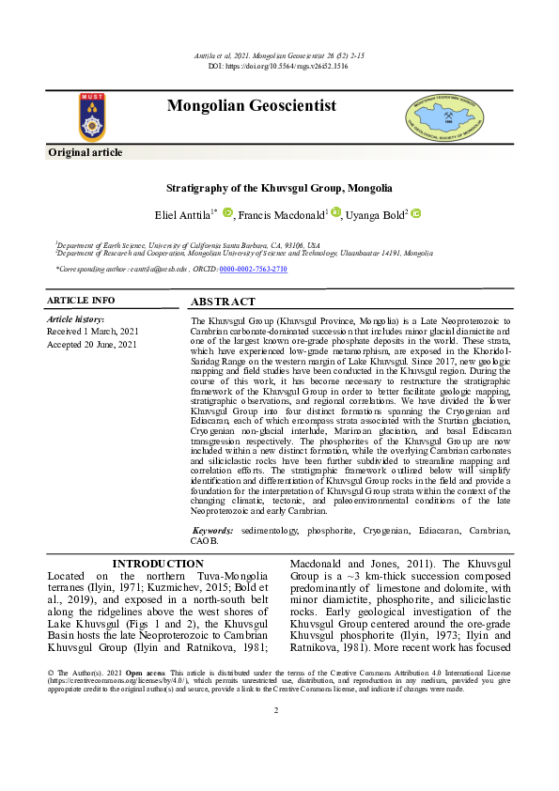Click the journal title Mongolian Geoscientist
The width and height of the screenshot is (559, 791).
[x=251, y=106]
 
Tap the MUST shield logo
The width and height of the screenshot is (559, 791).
[x=91, y=116]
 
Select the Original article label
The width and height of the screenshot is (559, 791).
[x=85, y=152]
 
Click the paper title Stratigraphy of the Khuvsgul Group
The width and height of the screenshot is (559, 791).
[x=279, y=188]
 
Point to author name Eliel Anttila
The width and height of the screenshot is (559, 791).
[x=182, y=215]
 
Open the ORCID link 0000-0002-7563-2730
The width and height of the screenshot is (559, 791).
[x=253, y=270]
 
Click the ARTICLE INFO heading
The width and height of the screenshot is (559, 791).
[x=81, y=301]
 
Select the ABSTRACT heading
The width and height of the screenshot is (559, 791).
[x=223, y=302]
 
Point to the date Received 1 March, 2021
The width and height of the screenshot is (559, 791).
[x=92, y=332]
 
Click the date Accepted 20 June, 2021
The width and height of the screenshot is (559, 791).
[x=92, y=345]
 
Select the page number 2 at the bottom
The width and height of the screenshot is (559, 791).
[x=276, y=736]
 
